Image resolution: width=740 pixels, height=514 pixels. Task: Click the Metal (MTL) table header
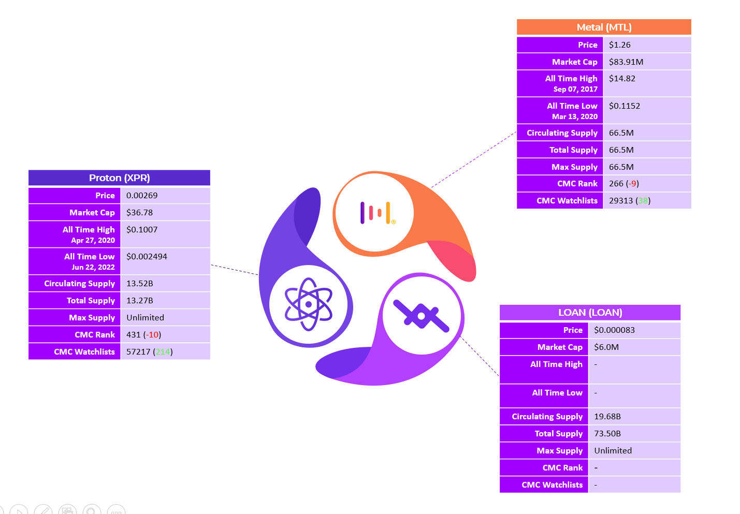604,27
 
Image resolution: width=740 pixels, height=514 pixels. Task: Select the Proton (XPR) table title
119,178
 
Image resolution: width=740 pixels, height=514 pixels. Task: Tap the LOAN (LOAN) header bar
590,312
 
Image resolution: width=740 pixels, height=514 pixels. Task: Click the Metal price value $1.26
619,45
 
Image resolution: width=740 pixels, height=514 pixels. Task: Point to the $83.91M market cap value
626,62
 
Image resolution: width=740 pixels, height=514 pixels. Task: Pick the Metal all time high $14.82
622,79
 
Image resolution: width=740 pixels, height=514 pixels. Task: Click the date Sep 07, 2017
575,89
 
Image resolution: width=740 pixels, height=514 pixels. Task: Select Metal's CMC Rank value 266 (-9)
623,184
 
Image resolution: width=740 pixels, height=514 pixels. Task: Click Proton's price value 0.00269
142,196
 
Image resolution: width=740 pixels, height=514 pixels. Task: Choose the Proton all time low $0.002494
147,257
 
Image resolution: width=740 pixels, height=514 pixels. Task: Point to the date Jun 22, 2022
93,267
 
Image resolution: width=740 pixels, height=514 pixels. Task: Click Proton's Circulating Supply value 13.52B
139,284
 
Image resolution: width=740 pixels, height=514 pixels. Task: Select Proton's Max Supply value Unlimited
145,318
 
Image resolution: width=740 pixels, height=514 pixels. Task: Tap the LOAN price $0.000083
614,330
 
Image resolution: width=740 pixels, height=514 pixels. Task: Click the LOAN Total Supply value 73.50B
607,433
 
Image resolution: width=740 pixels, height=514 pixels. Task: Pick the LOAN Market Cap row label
560,347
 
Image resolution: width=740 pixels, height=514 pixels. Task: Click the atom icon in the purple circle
308,304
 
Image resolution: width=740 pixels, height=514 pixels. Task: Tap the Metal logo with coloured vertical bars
378,213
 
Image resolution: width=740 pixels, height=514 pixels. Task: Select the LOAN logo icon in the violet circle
421,316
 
